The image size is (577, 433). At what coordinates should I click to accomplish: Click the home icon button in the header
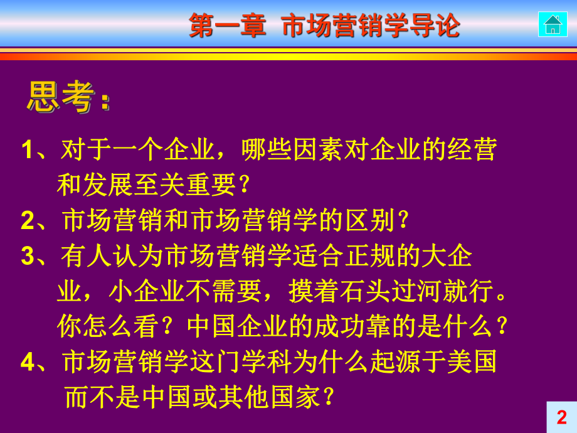click(553, 24)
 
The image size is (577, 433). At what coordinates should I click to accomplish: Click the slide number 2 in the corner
click(561, 417)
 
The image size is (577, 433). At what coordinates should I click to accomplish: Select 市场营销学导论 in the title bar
click(371, 26)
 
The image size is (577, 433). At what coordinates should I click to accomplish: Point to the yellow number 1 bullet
click(27, 151)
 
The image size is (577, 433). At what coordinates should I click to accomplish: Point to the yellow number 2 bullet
click(27, 221)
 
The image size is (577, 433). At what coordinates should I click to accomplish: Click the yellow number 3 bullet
click(27, 256)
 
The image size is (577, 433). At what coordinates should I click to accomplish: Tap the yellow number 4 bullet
click(27, 362)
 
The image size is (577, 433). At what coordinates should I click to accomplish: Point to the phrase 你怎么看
click(100, 326)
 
